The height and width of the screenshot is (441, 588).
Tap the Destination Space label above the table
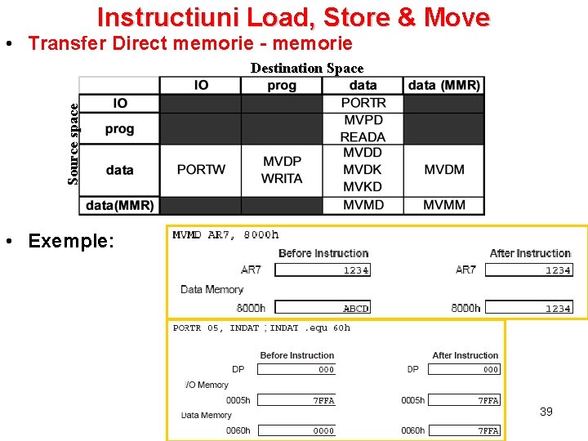pyautogui.click(x=306, y=69)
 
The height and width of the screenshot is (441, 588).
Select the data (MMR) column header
pyautogui.click(x=444, y=85)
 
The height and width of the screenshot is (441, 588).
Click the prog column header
pyautogui.click(x=282, y=85)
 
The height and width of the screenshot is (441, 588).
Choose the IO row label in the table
pyautogui.click(x=119, y=103)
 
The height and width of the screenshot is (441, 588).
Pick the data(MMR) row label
pyautogui.click(x=119, y=204)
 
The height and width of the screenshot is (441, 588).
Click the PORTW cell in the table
pyautogui.click(x=201, y=170)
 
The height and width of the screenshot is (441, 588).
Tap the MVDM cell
pyautogui.click(x=444, y=170)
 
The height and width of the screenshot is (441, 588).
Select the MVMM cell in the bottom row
pyautogui.click(x=444, y=204)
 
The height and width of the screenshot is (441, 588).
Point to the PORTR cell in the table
pyautogui.click(x=363, y=103)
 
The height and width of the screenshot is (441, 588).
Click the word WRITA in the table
pyautogui.click(x=282, y=179)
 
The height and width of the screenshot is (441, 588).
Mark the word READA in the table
pyautogui.click(x=363, y=137)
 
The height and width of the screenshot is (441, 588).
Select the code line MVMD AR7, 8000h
pyautogui.click(x=225, y=235)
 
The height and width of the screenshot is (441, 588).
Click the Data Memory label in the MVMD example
pyautogui.click(x=212, y=289)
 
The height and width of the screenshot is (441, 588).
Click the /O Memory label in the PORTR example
pyautogui.click(x=207, y=385)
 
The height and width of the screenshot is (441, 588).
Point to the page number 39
pyautogui.click(x=546, y=412)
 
